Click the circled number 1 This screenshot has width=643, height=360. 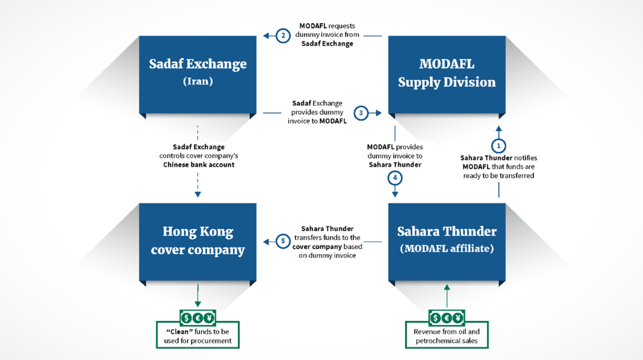499,146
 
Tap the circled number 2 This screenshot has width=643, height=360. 283,36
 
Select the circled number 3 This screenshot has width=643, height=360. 361,113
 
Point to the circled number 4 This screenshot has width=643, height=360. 395,178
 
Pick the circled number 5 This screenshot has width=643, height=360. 283,241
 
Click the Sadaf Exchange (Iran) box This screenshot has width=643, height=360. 198,75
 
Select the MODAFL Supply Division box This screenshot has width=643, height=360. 447,75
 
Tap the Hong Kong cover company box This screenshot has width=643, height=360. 198,242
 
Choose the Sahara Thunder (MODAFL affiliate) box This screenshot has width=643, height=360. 447,242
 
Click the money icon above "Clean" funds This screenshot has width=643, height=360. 198,317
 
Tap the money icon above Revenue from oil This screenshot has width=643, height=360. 446,317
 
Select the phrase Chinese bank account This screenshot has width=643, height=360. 199,165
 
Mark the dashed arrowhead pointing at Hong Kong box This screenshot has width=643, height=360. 198,194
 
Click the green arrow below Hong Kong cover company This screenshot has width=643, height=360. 198,296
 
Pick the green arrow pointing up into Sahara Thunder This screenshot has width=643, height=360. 447,296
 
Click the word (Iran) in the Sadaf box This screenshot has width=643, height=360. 198,81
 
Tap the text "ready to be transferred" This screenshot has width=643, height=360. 499,176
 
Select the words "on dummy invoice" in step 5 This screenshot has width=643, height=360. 327,255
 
